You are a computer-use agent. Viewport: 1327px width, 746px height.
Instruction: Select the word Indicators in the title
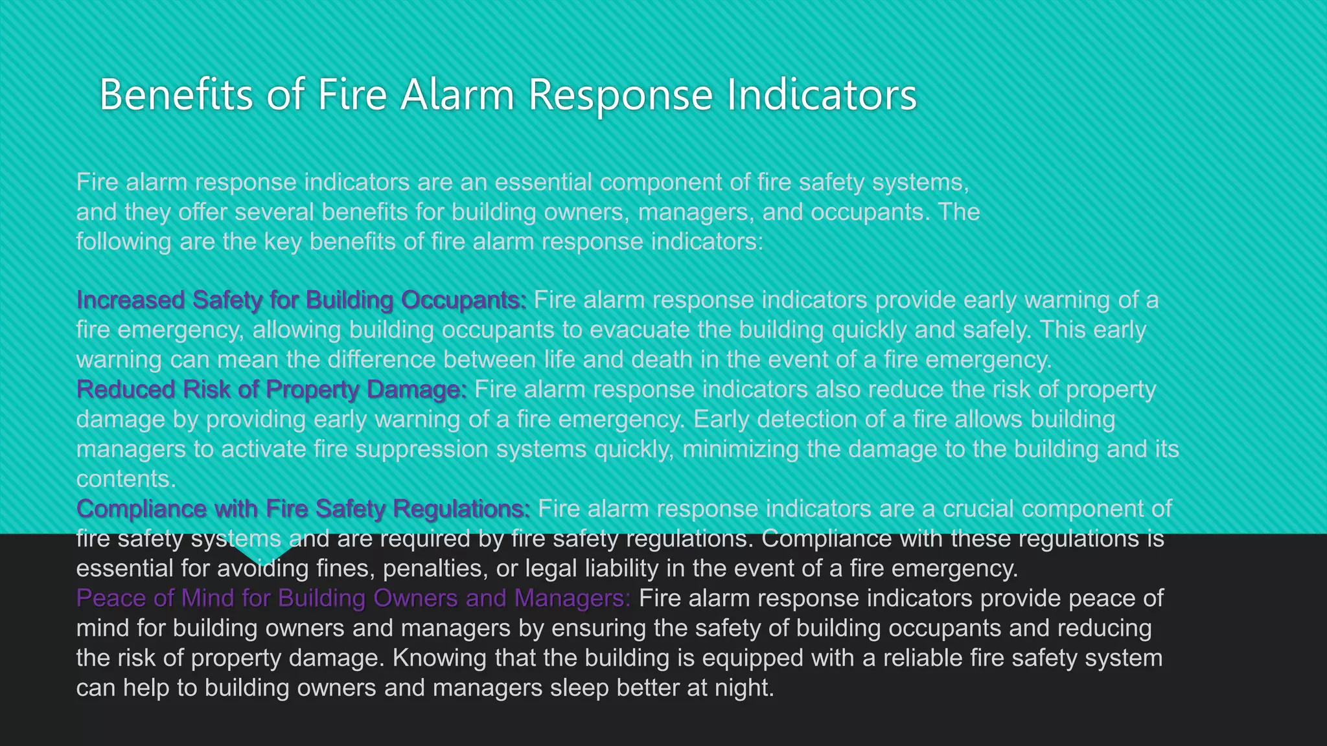pos(821,95)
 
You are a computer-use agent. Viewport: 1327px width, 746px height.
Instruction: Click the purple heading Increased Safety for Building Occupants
pos(301,300)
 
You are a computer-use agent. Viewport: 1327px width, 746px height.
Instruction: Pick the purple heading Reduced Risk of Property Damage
pos(271,390)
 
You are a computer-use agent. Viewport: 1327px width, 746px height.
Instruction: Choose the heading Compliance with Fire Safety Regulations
pos(303,509)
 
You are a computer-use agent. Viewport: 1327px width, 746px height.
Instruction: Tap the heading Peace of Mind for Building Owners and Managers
pos(353,598)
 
